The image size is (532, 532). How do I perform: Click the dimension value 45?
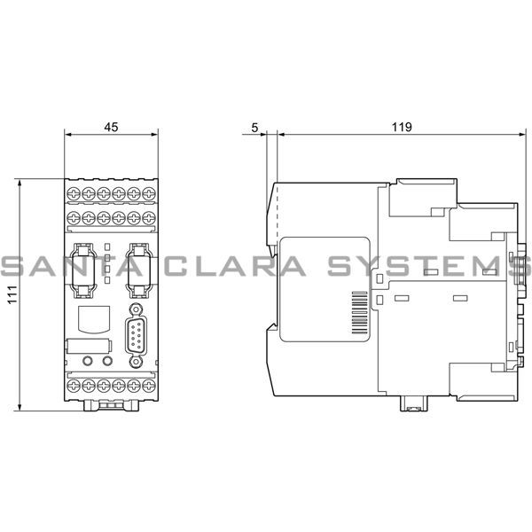coord(110,127)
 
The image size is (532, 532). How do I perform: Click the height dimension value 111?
coord(10,297)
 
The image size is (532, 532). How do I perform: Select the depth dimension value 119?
coord(402,127)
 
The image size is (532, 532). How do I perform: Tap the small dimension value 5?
coord(254,127)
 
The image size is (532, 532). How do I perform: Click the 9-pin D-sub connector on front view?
coord(136,336)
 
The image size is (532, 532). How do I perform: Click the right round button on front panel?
coord(107,361)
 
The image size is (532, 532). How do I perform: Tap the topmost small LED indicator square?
coord(107,246)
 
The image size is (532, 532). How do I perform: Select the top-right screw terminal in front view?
coord(148,192)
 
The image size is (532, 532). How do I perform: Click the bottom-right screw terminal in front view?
coord(148,387)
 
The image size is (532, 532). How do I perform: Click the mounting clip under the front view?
coord(111,405)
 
